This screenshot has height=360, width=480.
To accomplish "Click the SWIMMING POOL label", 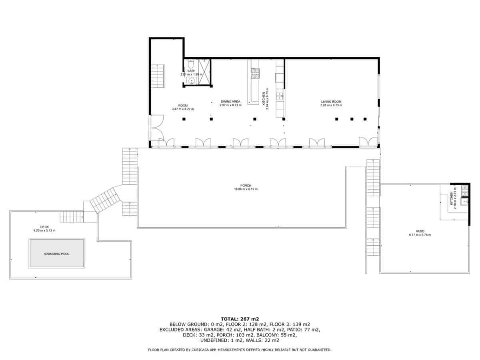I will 56,254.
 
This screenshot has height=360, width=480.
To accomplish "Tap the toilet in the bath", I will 192,64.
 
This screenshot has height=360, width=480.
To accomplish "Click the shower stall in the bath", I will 204,72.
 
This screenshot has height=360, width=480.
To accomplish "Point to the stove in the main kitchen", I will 255,73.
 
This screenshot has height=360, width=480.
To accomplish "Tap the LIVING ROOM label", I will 331,102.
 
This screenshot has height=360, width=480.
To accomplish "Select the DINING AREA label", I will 230,102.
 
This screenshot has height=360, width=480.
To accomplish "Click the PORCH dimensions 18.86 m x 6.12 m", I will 246,189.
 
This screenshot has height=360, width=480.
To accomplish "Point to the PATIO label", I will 420,231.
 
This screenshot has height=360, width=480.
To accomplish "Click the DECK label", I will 44,227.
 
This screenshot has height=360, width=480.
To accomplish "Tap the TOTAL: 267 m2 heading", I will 240,319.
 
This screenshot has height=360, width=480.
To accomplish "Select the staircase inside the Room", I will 158,76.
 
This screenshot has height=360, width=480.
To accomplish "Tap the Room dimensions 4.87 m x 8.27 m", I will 182,109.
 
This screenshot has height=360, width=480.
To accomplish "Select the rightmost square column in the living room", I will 365,119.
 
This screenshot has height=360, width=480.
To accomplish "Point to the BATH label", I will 191,71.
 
